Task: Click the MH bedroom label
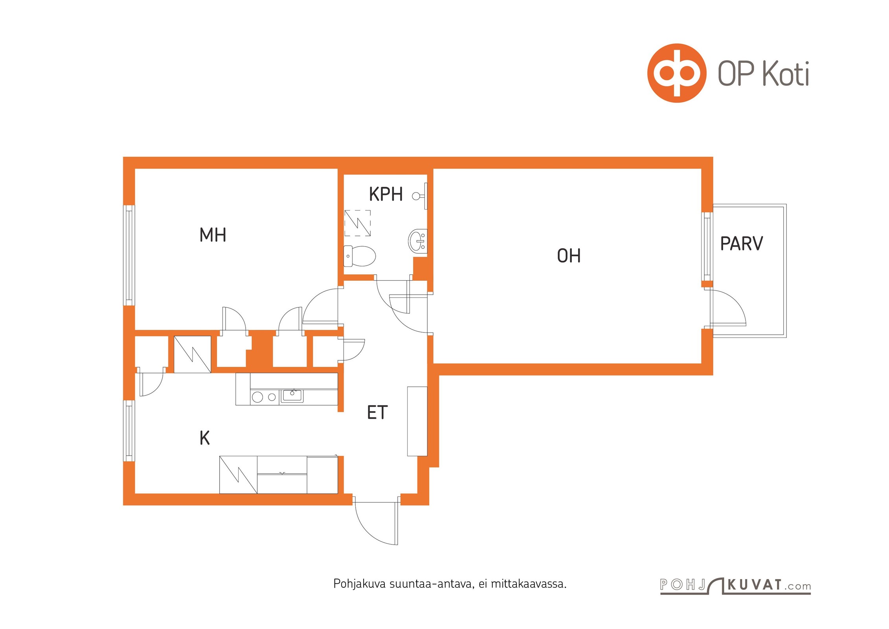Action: (x=213, y=235)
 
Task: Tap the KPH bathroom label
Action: (x=386, y=194)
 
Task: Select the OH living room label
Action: (x=569, y=256)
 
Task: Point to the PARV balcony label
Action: (x=742, y=244)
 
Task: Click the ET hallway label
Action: (x=377, y=412)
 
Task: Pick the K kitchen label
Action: (x=205, y=438)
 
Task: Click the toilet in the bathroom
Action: (x=360, y=256)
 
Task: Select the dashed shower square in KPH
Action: (x=358, y=223)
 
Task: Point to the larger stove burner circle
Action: (x=257, y=397)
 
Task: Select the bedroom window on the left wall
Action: (x=129, y=256)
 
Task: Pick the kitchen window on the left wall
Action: (x=129, y=430)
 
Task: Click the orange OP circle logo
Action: (x=677, y=73)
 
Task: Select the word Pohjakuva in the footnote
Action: (x=360, y=584)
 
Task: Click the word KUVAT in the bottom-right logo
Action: (x=755, y=585)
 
